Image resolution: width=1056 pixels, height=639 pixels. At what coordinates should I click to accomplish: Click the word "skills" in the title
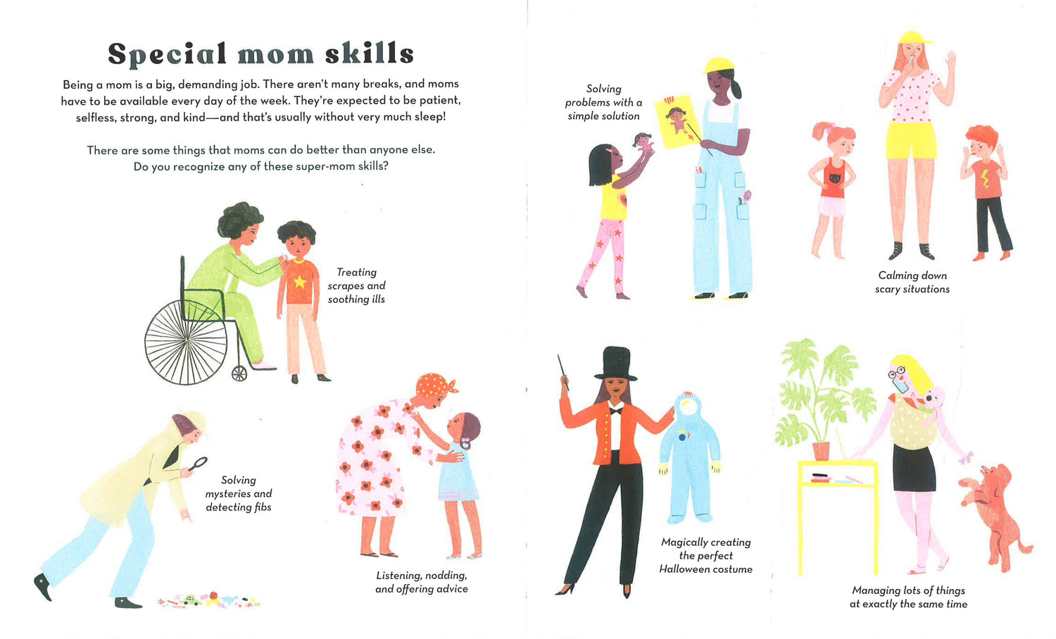tap(369, 53)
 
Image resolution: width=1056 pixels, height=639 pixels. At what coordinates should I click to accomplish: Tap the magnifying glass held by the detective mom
tap(198, 464)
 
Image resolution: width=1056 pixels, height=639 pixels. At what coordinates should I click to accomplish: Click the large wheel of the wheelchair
tap(186, 342)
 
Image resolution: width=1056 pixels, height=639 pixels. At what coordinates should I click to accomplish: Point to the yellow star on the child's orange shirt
tap(299, 282)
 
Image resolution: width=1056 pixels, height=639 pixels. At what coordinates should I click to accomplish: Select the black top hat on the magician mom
tap(616, 364)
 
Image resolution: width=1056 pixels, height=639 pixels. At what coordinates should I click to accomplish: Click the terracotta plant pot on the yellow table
tap(821, 451)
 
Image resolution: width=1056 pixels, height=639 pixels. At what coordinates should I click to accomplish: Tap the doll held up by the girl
tap(643, 143)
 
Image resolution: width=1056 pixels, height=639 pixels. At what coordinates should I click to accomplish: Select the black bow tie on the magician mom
tap(615, 411)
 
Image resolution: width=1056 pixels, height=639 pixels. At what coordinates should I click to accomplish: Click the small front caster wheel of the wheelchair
tap(239, 373)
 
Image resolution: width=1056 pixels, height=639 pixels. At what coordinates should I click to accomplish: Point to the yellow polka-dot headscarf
tap(434, 385)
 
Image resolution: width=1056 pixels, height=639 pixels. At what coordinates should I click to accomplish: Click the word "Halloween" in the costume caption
tap(683, 569)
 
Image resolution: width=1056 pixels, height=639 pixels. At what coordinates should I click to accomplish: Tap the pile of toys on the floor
tap(208, 600)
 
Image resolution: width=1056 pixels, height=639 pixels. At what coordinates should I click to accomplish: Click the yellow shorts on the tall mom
tap(910, 140)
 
